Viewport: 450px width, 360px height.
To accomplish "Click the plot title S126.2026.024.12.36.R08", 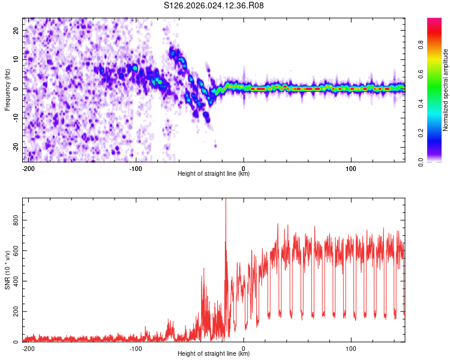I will coord(214,6).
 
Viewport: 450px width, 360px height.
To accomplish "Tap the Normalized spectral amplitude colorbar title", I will coord(446,89).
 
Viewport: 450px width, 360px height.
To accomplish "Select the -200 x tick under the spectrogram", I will coord(28,168).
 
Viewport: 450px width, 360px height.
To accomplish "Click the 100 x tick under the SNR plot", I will coord(350,348).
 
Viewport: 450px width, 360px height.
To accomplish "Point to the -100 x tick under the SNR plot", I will coord(136,348).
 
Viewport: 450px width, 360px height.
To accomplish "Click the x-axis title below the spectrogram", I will coord(214,174).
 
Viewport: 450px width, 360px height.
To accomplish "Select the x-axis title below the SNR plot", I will coord(214,354).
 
